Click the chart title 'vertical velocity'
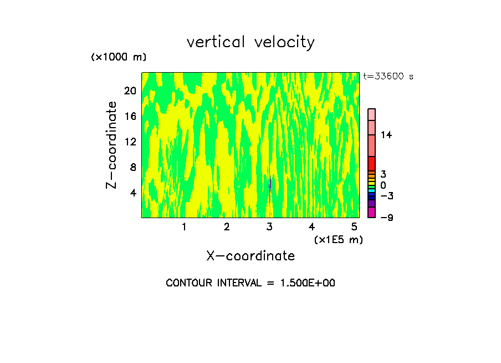tap(250, 42)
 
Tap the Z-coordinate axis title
tap(112, 145)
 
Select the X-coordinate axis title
tap(250, 256)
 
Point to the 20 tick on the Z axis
tap(130, 91)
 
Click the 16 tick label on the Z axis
tap(130, 117)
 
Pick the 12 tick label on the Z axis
tap(130, 142)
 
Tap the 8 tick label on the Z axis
tap(132, 168)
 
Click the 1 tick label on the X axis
tap(184, 226)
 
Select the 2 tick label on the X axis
tap(227, 226)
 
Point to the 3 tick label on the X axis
tap(269, 226)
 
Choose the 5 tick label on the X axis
tap(354, 226)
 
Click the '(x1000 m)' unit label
tap(119, 58)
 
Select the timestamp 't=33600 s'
tap(388, 77)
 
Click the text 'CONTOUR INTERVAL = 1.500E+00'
tap(250, 283)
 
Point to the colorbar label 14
tap(386, 135)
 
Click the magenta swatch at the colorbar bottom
tap(372, 212)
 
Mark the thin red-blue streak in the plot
tap(269, 191)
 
